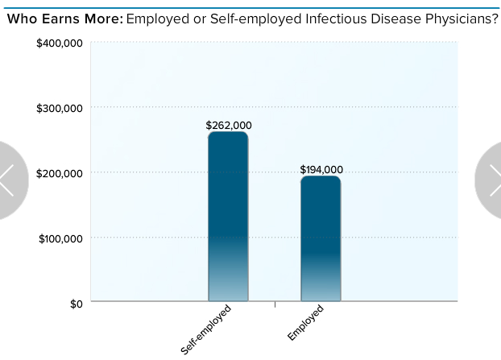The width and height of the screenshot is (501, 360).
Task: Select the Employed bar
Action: click(x=321, y=238)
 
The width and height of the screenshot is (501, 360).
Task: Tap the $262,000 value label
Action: click(x=229, y=126)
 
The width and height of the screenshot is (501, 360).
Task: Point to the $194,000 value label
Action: click(x=321, y=170)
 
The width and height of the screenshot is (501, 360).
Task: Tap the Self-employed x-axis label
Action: click(x=207, y=329)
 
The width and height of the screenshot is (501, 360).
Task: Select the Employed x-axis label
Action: click(x=306, y=322)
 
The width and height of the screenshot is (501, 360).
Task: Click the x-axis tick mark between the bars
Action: click(x=275, y=304)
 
